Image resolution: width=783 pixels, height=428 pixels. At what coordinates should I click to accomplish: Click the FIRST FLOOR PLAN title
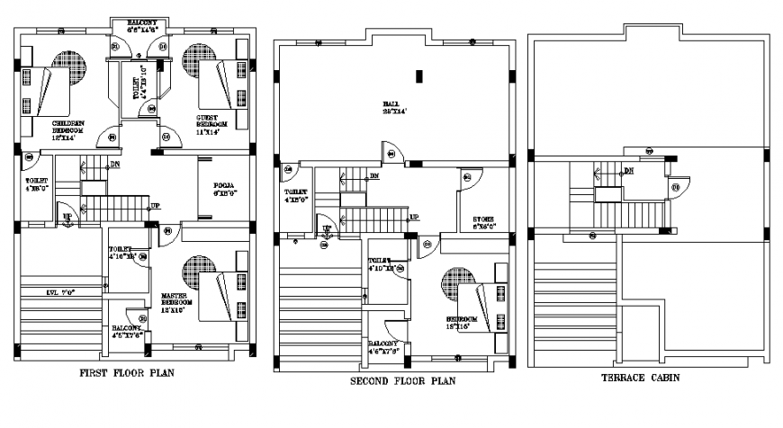[127, 373]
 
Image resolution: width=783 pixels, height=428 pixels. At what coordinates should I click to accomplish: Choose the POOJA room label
[224, 188]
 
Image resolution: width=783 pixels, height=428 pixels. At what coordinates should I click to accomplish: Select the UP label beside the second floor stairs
[414, 218]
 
